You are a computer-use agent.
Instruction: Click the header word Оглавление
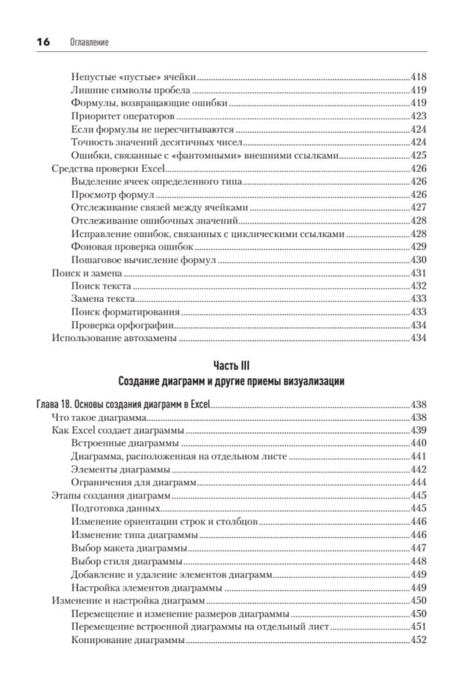coord(89,42)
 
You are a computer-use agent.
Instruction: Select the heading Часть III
coord(231,365)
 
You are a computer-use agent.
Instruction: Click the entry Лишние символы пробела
coord(131,90)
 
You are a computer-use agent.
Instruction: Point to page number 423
coord(419,116)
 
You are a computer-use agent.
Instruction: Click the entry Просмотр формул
coord(108,195)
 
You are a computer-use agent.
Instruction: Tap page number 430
coord(419,260)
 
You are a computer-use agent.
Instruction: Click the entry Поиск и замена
coord(86,273)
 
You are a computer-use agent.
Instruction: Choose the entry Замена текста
coord(102,299)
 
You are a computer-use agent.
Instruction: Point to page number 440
coord(419,444)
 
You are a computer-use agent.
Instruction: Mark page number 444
coord(419,483)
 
